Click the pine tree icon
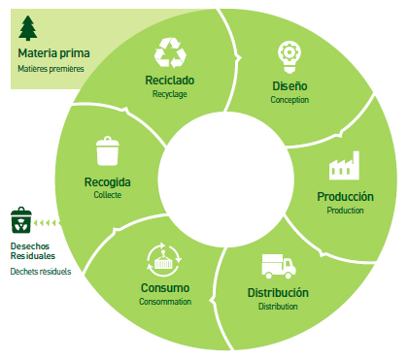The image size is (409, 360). click(28, 28)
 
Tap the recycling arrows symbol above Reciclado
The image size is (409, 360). click(170, 52)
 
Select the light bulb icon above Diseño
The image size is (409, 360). click(290, 57)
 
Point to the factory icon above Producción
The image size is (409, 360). click(344, 165)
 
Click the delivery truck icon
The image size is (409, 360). click(279, 266)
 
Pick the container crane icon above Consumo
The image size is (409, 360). click(164, 260)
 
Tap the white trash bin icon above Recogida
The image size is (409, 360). click(108, 151)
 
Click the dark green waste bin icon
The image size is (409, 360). click(21, 220)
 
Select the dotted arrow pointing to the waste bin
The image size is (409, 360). click(47, 223)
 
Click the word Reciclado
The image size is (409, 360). click(170, 81)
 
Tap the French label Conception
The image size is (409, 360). click(290, 100)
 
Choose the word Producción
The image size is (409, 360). click(345, 196)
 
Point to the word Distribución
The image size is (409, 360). click(278, 292)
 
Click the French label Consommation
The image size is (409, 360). click(165, 302)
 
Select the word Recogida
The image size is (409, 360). click(108, 182)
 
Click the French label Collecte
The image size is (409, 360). click(108, 195)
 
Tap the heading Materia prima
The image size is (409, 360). click(53, 53)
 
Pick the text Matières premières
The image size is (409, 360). click(51, 69)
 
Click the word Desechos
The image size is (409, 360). click(30, 245)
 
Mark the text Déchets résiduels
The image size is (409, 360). click(41, 271)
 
